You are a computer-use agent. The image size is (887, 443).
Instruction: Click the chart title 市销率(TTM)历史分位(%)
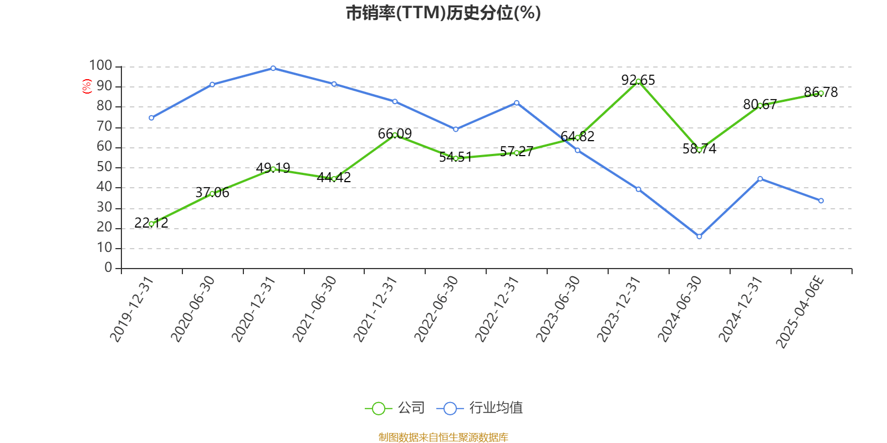443,13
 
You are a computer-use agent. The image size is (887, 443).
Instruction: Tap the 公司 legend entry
395,408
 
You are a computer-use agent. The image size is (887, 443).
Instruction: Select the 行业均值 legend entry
480,408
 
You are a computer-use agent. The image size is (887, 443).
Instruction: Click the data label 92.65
638,80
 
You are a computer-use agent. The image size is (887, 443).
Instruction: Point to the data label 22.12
151,223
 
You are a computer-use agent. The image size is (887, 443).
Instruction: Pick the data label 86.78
821,92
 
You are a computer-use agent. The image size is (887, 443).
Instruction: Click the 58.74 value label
699,149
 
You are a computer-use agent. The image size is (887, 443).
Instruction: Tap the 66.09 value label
395,134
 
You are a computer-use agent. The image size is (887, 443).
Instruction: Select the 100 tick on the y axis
101,66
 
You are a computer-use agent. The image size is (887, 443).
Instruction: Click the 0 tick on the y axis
109,268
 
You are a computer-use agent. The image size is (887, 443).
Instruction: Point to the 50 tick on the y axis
104,167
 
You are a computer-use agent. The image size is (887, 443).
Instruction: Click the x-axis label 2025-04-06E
800,312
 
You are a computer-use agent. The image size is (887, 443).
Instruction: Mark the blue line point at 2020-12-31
273,68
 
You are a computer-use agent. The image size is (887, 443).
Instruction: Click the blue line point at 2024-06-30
699,236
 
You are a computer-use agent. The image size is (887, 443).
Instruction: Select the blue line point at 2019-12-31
151,117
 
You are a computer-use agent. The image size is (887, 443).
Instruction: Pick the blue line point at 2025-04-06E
821,200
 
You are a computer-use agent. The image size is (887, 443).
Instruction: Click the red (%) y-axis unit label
86,86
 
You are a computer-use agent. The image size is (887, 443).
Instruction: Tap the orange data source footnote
443,437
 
